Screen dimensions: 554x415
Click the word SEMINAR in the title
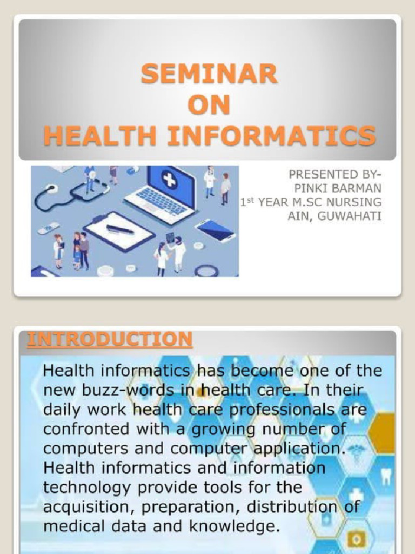(x=209, y=74)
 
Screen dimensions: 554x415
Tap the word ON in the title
(x=209, y=105)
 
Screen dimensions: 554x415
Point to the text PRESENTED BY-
(x=334, y=174)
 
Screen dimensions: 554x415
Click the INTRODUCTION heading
(x=110, y=339)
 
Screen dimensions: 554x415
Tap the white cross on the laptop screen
(x=169, y=180)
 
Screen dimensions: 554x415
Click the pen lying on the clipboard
(x=120, y=229)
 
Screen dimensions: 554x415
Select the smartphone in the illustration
(x=215, y=230)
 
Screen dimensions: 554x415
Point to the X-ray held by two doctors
(x=170, y=238)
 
